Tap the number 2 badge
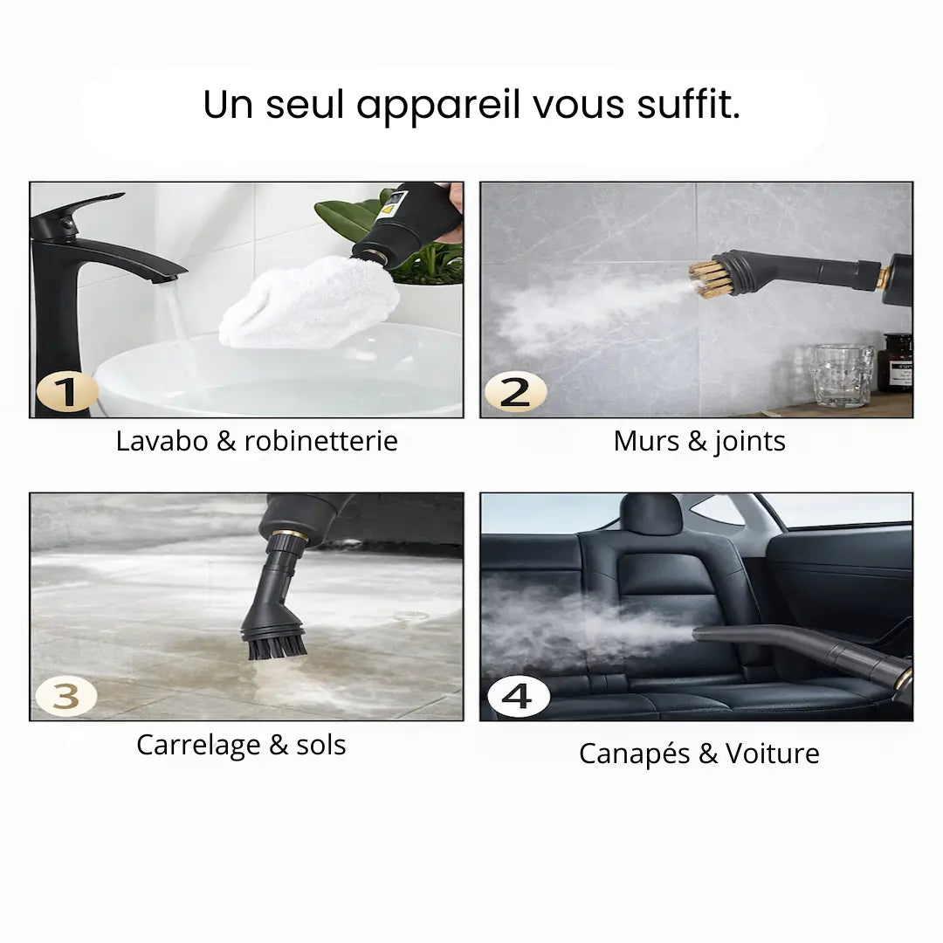[515, 392]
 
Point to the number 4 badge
[518, 696]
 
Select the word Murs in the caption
[647, 441]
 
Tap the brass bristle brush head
[708, 278]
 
